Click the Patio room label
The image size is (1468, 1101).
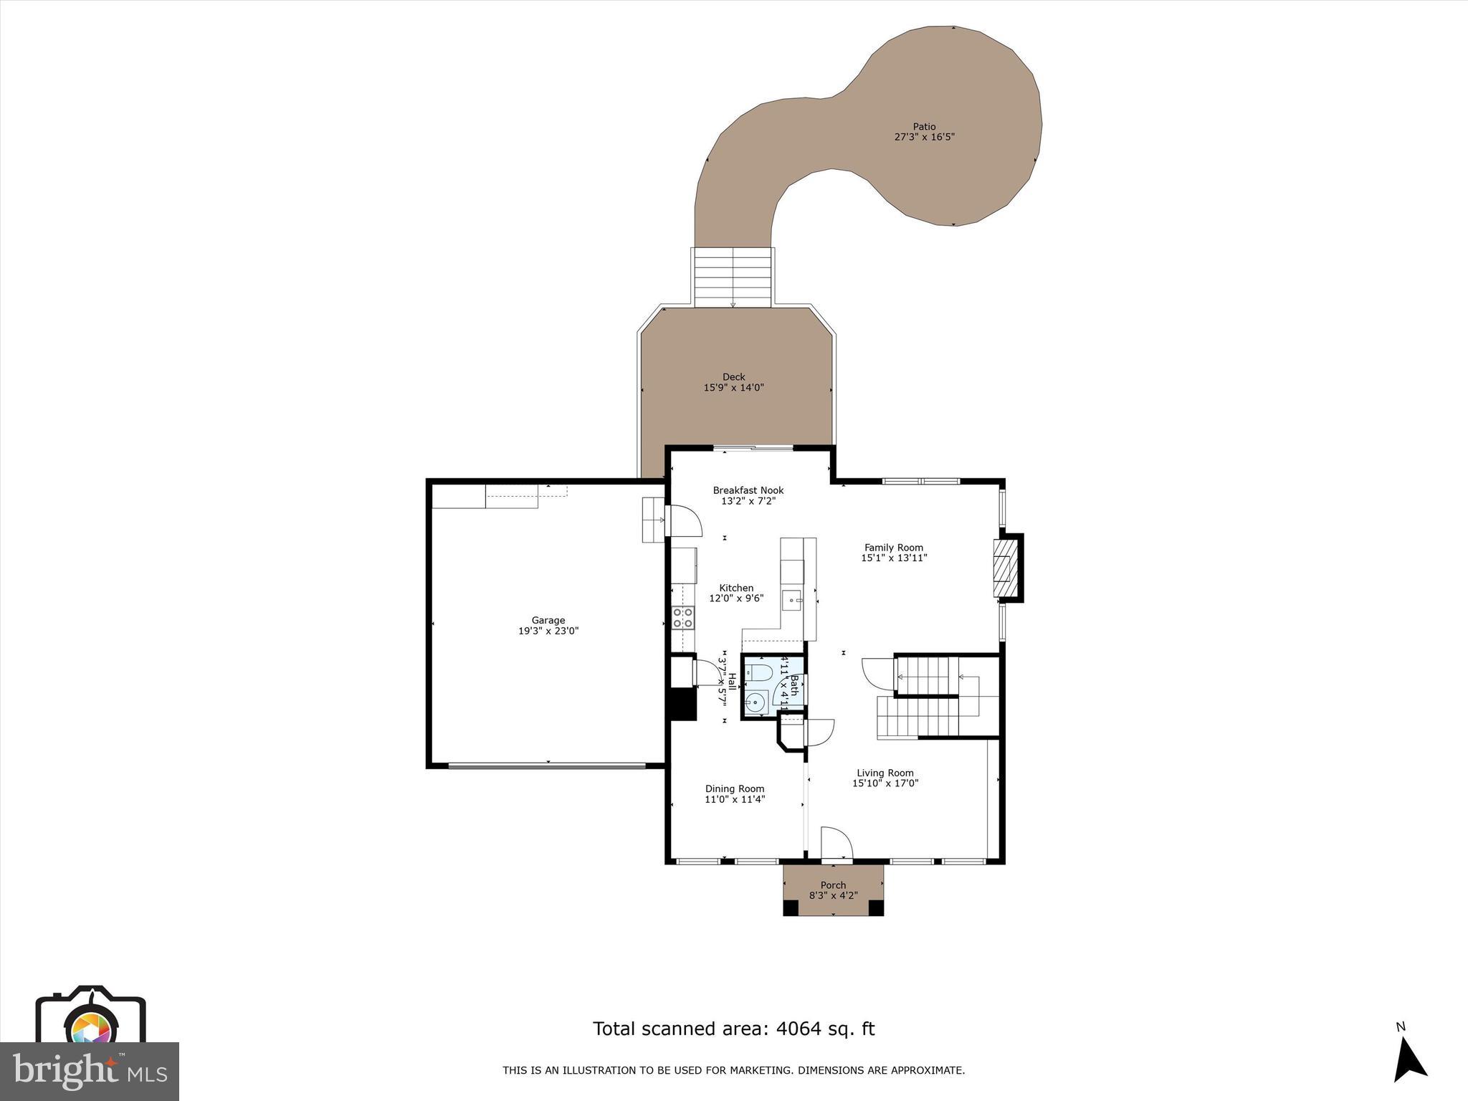pyautogui.click(x=924, y=127)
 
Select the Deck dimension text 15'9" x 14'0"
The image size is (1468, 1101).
pyautogui.click(x=733, y=388)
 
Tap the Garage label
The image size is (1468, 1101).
pyautogui.click(x=548, y=620)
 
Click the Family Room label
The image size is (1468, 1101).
pyautogui.click(x=893, y=547)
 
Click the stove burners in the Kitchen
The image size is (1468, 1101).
pyautogui.click(x=682, y=618)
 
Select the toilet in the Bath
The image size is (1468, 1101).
pyautogui.click(x=757, y=672)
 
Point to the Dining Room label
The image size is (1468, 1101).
pyautogui.click(x=734, y=788)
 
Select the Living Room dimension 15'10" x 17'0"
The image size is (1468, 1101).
pyautogui.click(x=885, y=783)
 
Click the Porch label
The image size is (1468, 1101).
pyautogui.click(x=833, y=885)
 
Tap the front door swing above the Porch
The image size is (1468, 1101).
pyautogui.click(x=835, y=842)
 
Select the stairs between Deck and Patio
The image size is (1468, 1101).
pyautogui.click(x=733, y=278)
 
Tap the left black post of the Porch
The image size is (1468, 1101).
pyautogui.click(x=791, y=907)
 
